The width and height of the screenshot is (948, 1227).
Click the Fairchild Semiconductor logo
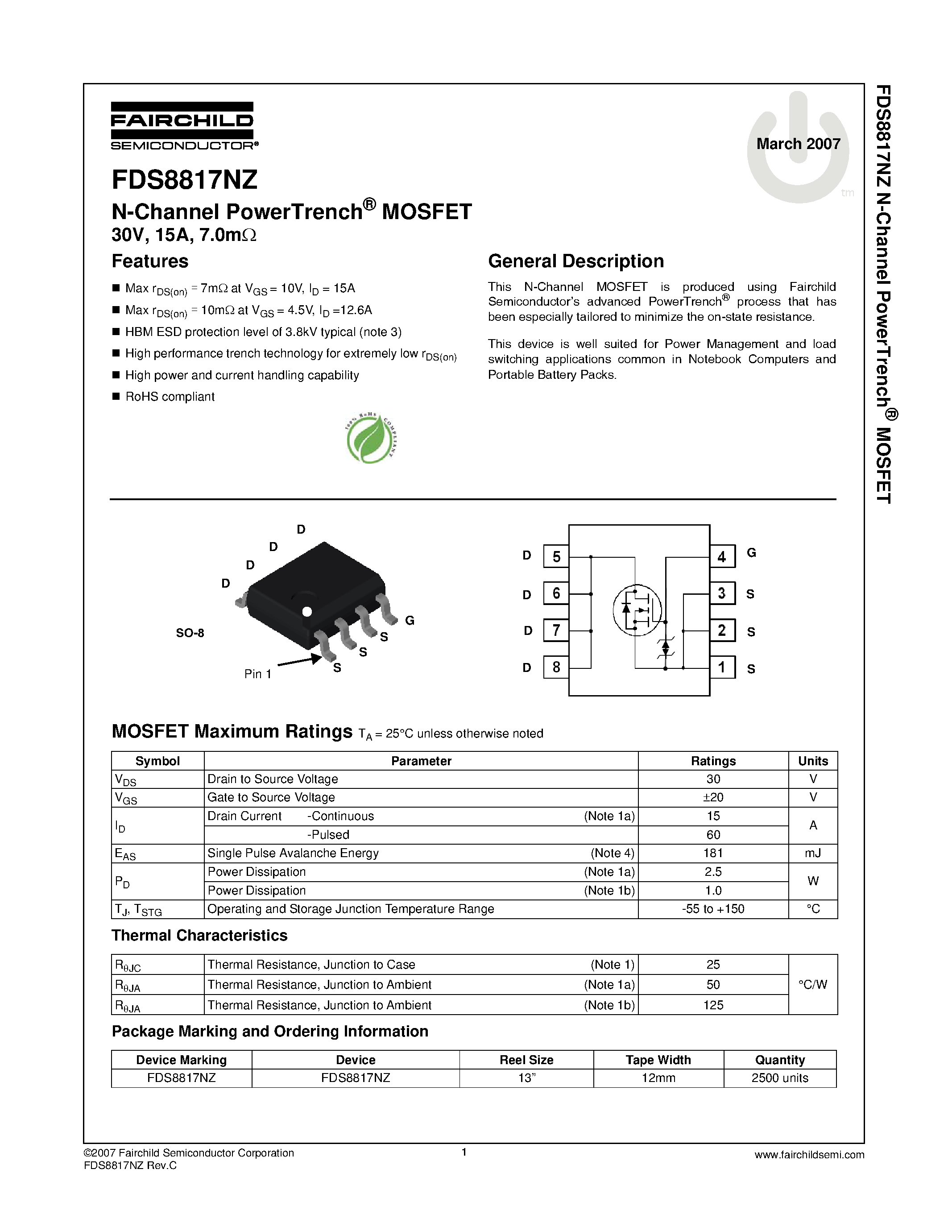point(183,126)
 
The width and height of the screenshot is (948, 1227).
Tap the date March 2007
point(798,144)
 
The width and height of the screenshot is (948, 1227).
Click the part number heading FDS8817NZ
point(184,180)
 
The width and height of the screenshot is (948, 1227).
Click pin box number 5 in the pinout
point(556,557)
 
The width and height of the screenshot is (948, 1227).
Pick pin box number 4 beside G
point(722,557)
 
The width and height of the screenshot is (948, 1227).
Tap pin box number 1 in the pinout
point(722,667)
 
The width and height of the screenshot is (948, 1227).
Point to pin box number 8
point(556,667)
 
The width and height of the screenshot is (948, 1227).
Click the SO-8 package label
point(190,633)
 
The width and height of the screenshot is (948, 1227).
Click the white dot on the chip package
point(306,611)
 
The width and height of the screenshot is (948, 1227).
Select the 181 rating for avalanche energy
point(713,853)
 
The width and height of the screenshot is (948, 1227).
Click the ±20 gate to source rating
point(713,797)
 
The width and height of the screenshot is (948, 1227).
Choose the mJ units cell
point(813,853)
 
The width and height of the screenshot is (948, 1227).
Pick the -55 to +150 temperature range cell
point(713,908)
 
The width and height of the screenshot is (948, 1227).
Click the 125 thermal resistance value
point(713,1005)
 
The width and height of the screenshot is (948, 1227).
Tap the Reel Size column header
point(526,1060)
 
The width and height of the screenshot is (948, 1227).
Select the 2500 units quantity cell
point(779,1078)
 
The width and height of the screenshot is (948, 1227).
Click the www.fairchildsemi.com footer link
point(809,1155)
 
